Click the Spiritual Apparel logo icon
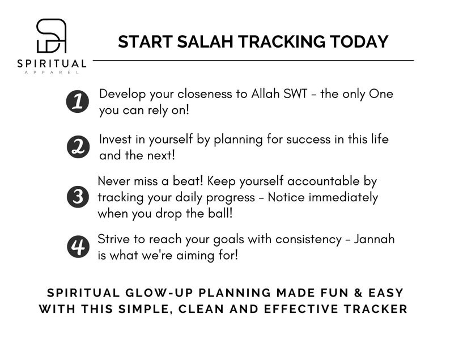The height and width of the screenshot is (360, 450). pos(52,36)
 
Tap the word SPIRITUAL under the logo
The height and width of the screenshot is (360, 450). pos(52,64)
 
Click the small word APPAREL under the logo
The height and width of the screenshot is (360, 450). pos(52,72)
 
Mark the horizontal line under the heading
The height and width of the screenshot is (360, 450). pos(253,60)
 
